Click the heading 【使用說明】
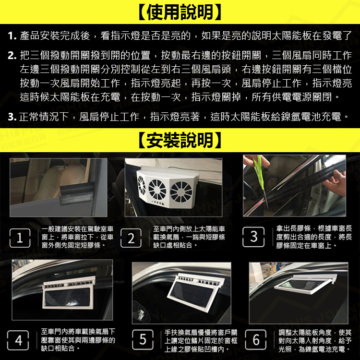[180, 12]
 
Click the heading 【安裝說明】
[180, 140]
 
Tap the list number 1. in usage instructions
[12, 36]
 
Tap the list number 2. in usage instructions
[12, 56]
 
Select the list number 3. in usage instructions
[12, 117]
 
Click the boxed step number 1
[20, 238]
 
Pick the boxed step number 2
[131, 238]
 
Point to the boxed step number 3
[253, 237]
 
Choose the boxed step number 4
[18, 340]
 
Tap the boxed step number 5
[143, 339]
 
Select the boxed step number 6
[256, 339]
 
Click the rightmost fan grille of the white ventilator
[181, 192]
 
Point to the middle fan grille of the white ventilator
[157, 190]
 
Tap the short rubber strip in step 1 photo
[77, 192]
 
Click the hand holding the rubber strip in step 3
[336, 183]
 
